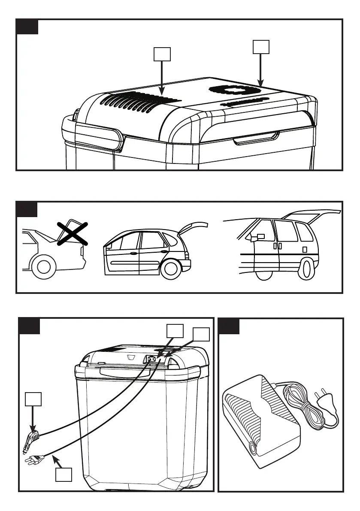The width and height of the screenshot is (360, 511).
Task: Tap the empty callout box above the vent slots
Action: pos(162,54)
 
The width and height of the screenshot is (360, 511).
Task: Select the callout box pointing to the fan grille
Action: pos(261,47)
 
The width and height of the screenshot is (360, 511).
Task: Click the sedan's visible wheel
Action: pos(43,267)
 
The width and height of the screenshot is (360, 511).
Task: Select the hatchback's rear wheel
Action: pos(171,268)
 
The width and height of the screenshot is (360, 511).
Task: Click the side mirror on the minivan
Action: pos(261,236)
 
